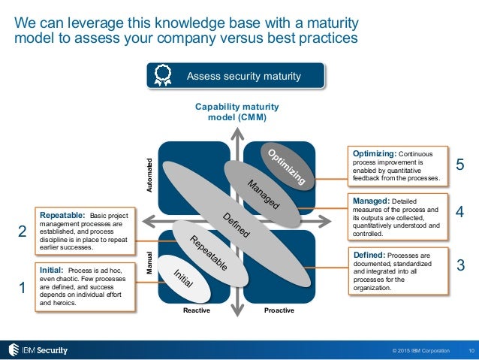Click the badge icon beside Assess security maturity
pos(161,76)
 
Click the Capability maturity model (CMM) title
pos(236,112)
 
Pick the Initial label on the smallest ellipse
pos(184,278)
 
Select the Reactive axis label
pos(197,310)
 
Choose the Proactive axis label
pos(279,310)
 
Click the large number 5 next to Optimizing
pos(461,165)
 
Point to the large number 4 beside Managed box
pos(460,213)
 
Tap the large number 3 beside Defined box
pos(460,265)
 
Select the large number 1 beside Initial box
pos(22,288)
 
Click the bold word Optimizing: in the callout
pos(377,153)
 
